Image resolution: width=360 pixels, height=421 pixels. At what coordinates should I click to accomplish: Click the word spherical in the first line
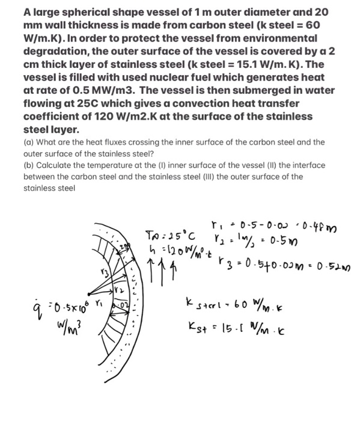84,11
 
